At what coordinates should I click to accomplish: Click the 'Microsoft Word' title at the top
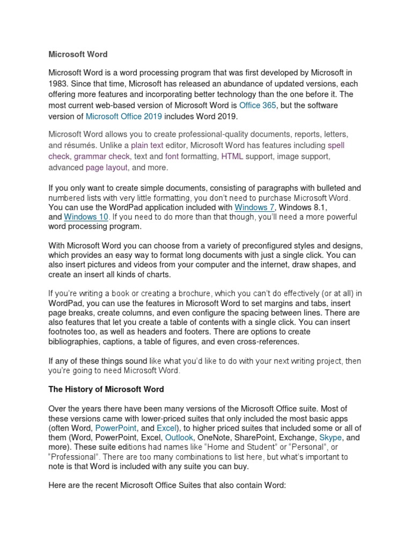pyautogui.click(x=78, y=54)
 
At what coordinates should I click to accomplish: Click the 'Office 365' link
pyautogui.click(x=258, y=106)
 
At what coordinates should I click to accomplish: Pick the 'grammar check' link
pyautogui.click(x=102, y=156)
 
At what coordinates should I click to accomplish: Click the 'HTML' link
pyautogui.click(x=232, y=156)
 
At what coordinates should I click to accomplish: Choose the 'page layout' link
pyautogui.click(x=106, y=167)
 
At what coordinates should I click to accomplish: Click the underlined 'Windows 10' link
pyautogui.click(x=86, y=217)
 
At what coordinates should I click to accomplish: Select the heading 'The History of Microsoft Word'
pyautogui.click(x=106, y=389)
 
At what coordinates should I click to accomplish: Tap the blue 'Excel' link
pyautogui.click(x=168, y=428)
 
